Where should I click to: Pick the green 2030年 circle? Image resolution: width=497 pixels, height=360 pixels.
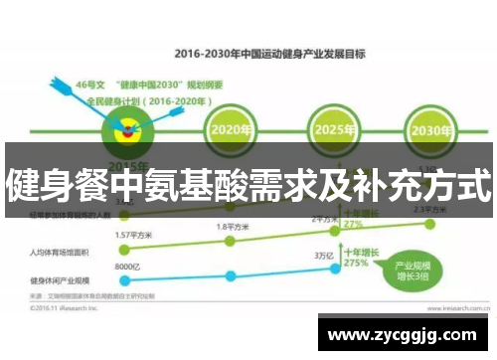tap(427, 130)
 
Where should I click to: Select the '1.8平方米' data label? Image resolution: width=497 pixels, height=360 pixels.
tap(235, 228)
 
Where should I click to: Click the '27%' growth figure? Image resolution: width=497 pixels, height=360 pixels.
tap(353, 225)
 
